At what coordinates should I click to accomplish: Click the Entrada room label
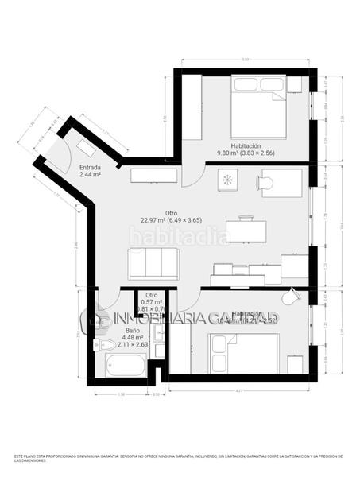click(x=90, y=168)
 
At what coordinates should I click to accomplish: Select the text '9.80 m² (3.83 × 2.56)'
click(x=246, y=153)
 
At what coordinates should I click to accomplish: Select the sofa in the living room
click(x=153, y=262)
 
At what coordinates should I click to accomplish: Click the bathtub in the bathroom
click(x=126, y=366)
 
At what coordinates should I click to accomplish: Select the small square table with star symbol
click(x=227, y=180)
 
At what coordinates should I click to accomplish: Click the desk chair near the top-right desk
click(x=265, y=184)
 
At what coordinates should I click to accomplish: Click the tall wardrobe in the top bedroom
click(x=192, y=115)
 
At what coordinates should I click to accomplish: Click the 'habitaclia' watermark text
click(x=178, y=236)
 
